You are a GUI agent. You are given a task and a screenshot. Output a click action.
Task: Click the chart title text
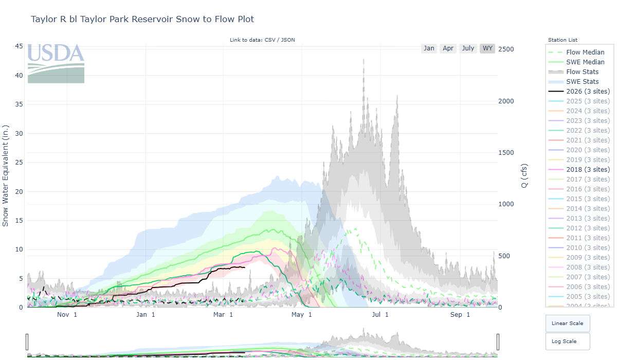[142, 19]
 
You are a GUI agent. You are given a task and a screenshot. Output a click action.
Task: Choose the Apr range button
[448, 48]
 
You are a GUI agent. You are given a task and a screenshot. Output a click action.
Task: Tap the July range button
[468, 48]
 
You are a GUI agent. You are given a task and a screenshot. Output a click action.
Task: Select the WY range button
[487, 48]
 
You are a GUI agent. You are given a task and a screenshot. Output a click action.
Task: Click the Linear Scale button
[567, 323]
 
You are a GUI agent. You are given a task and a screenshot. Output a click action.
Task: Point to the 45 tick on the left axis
[19, 46]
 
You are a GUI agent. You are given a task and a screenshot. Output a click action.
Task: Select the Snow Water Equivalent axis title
[6, 175]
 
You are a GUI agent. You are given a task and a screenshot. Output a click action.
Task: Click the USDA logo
[56, 63]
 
